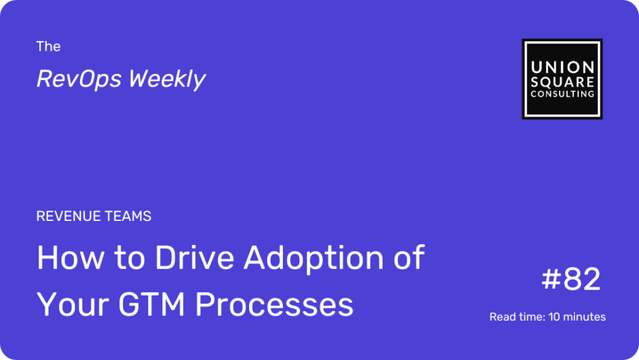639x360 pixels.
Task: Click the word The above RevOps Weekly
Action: tap(48, 47)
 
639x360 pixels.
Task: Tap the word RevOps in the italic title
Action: tap(79, 79)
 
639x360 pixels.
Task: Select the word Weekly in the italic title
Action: tap(167, 79)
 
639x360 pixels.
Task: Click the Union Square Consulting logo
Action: tap(562, 79)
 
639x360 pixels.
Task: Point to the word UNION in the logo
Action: tap(562, 67)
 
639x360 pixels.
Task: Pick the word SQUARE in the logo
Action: tap(562, 82)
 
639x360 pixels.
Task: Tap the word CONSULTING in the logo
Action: tap(562, 94)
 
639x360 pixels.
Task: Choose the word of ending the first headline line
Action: tap(409, 257)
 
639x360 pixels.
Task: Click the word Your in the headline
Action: tap(73, 304)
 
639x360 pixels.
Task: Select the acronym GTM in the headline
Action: tap(152, 304)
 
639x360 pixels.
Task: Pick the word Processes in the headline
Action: tap(274, 304)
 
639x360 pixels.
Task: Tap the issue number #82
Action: tap(571, 279)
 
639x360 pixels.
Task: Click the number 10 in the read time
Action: tap(553, 317)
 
